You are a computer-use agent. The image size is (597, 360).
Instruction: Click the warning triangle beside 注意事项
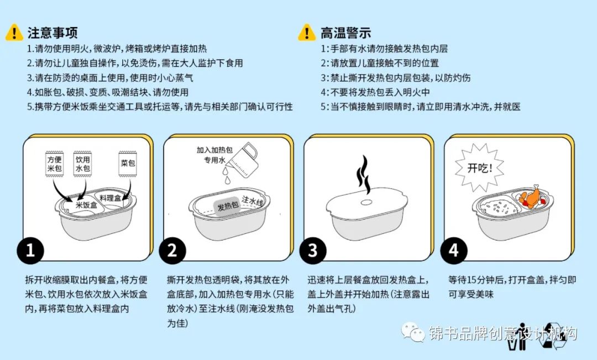pyautogui.click(x=14, y=33)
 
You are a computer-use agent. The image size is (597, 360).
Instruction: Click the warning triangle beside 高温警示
pyautogui.click(x=306, y=33)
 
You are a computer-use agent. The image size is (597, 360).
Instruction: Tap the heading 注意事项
pyautogui.click(x=53, y=33)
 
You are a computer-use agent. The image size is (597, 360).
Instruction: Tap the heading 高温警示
pyautogui.click(x=345, y=33)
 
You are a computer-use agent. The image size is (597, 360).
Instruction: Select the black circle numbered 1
pyautogui.click(x=30, y=251)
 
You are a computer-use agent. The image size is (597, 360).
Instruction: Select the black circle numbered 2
pyautogui.click(x=172, y=251)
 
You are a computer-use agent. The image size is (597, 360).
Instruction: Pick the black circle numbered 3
pyautogui.click(x=312, y=251)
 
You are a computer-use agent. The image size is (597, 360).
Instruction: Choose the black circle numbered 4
pyautogui.click(x=453, y=251)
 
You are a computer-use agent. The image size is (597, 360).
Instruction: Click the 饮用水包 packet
pyautogui.click(x=82, y=164)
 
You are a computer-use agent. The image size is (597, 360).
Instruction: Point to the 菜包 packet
pyautogui.click(x=128, y=164)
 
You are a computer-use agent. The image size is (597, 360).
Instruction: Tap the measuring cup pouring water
pyautogui.click(x=243, y=159)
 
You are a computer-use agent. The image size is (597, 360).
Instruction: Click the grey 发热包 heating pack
pyautogui.click(x=228, y=207)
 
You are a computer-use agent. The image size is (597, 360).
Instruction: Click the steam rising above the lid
pyautogui.click(x=363, y=175)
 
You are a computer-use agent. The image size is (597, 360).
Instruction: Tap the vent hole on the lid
pyautogui.click(x=366, y=202)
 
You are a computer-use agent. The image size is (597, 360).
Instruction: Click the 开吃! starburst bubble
pyautogui.click(x=479, y=168)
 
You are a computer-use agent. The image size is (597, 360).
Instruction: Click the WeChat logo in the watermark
pyautogui.click(x=413, y=332)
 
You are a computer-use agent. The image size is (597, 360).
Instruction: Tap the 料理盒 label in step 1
pyautogui.click(x=110, y=198)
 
